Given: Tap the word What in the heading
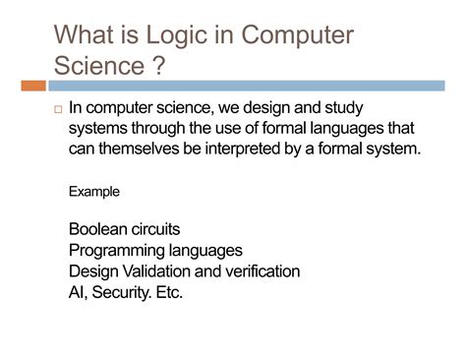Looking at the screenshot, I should pyautogui.click(x=87, y=36).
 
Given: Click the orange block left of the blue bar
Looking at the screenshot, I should pyautogui.click(x=31, y=87).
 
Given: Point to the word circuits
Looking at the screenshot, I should pyautogui.click(x=158, y=228).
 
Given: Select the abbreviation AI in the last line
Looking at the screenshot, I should pyautogui.click(x=78, y=292).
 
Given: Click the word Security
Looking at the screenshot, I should pyautogui.click(x=123, y=292).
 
